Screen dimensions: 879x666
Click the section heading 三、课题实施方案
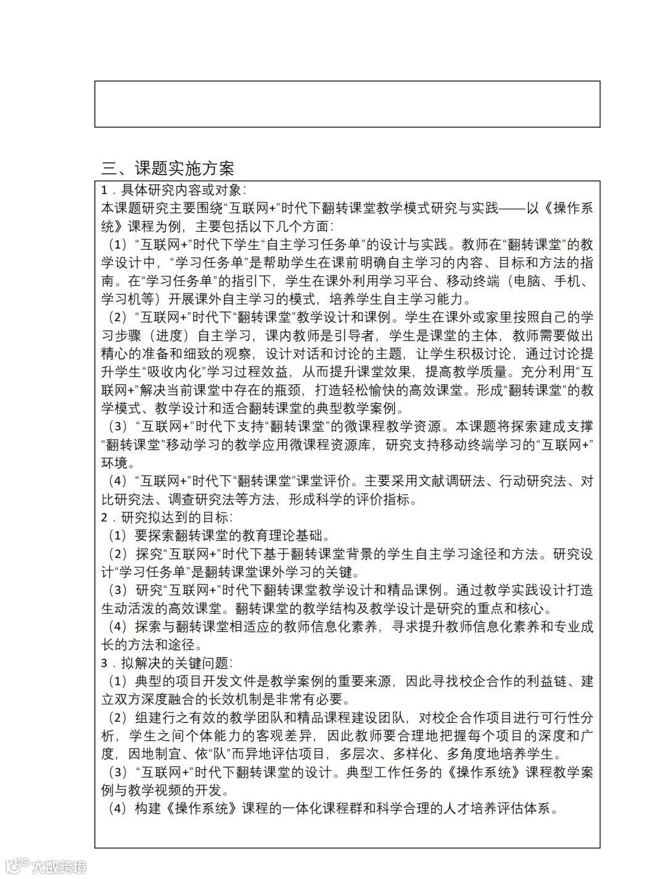click(x=168, y=168)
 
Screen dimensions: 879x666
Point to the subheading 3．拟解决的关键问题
click(x=167, y=663)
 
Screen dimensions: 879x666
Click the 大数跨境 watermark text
click(x=60, y=867)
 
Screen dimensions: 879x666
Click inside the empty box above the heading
click(x=347, y=104)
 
